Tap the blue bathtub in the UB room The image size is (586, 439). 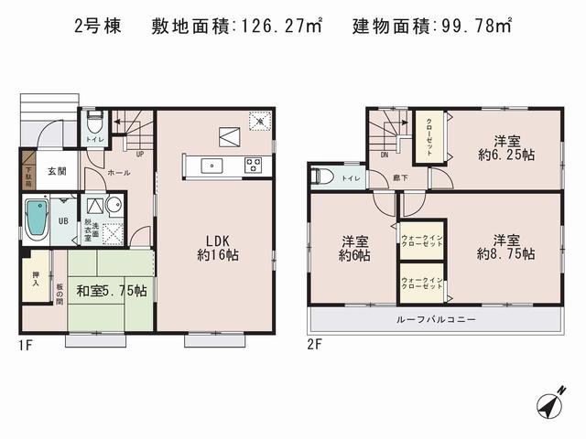click(38, 219)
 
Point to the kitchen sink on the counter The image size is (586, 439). click(212, 166)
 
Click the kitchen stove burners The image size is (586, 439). click(253, 166)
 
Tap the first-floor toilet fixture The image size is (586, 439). click(93, 123)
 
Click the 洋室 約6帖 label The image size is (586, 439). click(355, 249)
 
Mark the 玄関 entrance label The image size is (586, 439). click(57, 171)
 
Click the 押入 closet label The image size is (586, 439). click(35, 280)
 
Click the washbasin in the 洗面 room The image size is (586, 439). click(113, 205)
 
